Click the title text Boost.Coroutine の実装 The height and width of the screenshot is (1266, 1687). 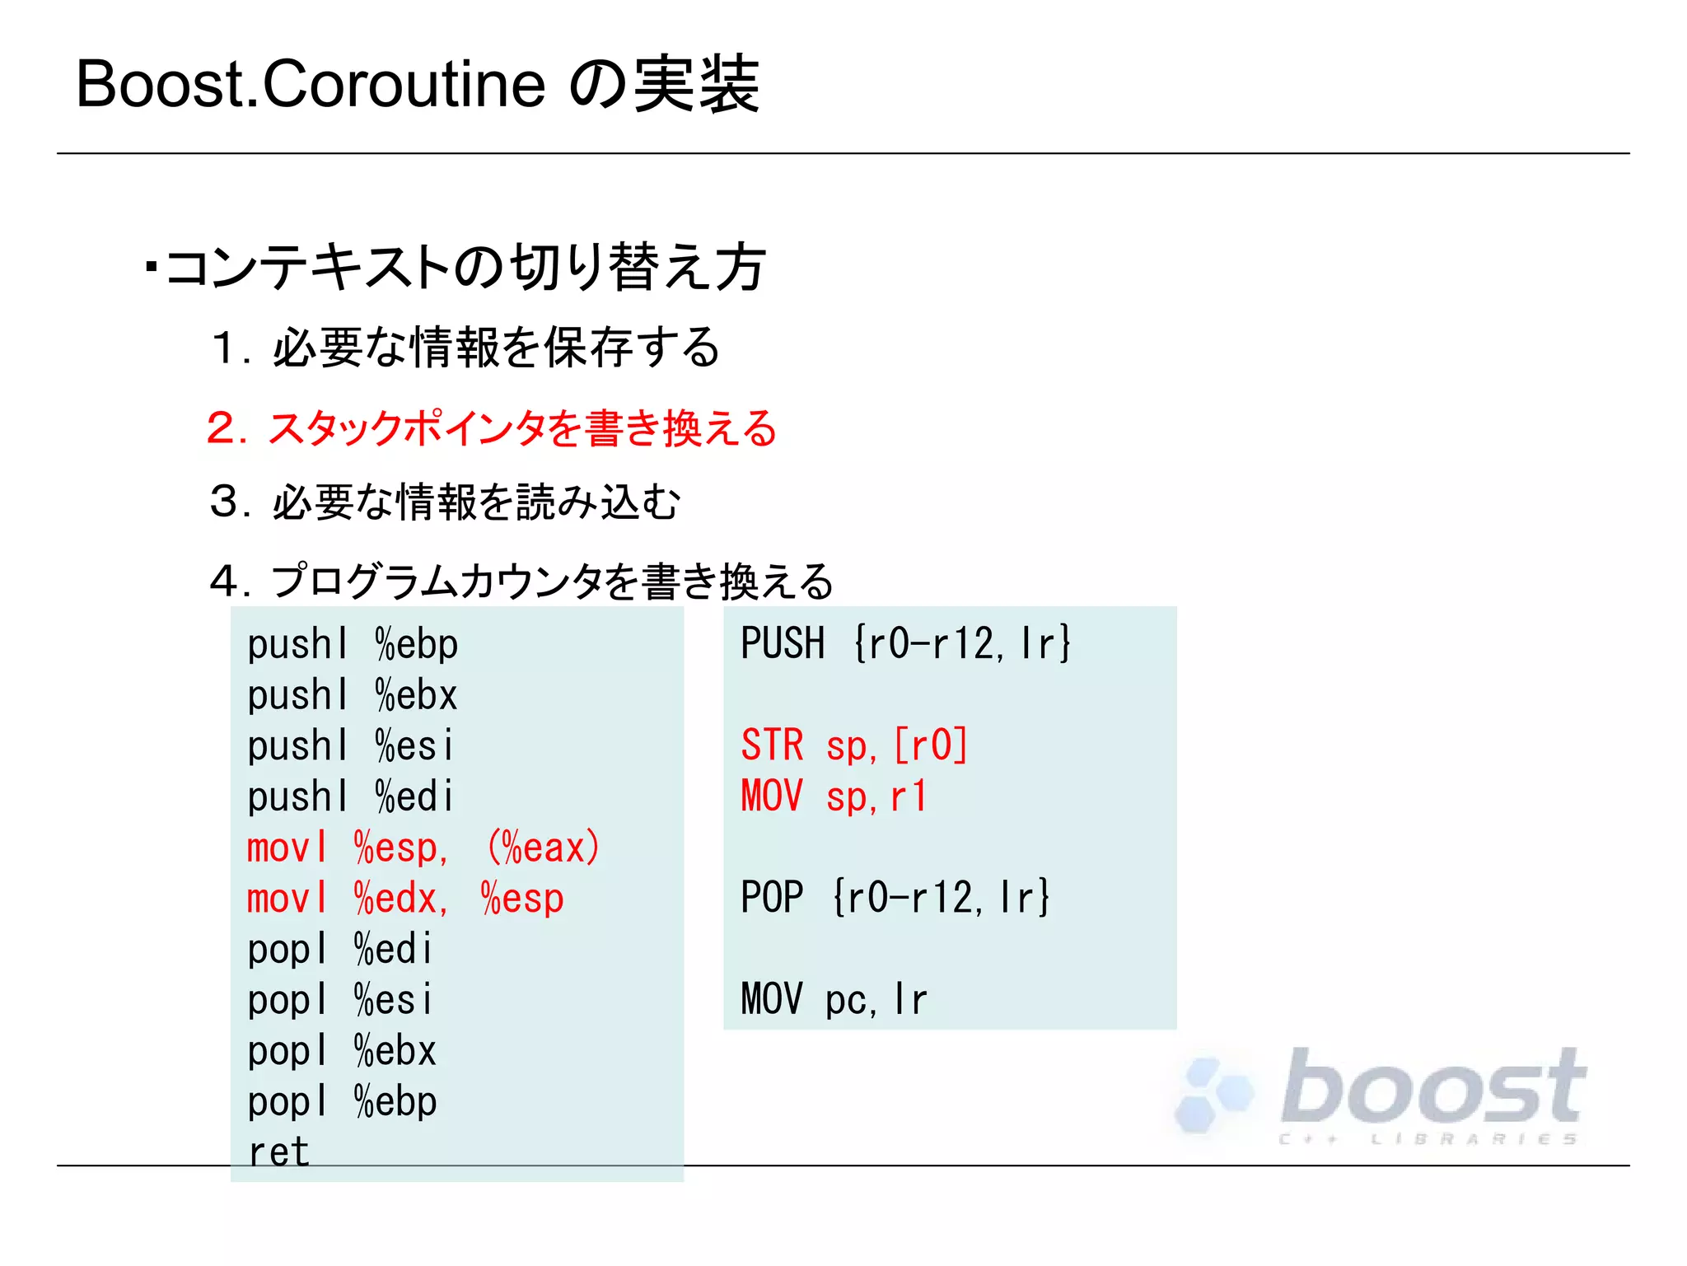(x=417, y=85)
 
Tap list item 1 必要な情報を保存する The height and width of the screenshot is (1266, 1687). (x=465, y=347)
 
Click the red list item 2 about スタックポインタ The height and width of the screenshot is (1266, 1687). (x=492, y=428)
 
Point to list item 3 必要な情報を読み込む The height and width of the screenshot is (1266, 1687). (x=445, y=502)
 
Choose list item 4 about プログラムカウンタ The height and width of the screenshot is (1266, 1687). (x=521, y=581)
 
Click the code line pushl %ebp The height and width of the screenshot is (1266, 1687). (x=353, y=644)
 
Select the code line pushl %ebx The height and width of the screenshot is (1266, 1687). (x=353, y=695)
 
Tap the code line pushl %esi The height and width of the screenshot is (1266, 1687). (x=350, y=746)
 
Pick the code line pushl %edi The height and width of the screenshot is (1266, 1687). (x=350, y=797)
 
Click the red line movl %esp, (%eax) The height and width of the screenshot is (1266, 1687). (x=423, y=848)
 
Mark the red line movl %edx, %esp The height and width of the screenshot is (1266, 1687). (x=405, y=899)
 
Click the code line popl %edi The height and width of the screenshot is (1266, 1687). (x=339, y=949)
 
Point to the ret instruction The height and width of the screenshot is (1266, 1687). (x=278, y=1152)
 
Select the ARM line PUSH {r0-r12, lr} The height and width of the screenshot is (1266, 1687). (x=905, y=643)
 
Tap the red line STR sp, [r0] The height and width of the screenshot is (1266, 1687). (x=854, y=745)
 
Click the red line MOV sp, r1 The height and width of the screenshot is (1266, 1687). (x=834, y=797)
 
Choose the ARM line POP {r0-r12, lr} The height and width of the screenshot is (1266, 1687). (x=895, y=897)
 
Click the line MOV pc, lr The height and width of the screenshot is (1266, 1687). (x=834, y=999)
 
